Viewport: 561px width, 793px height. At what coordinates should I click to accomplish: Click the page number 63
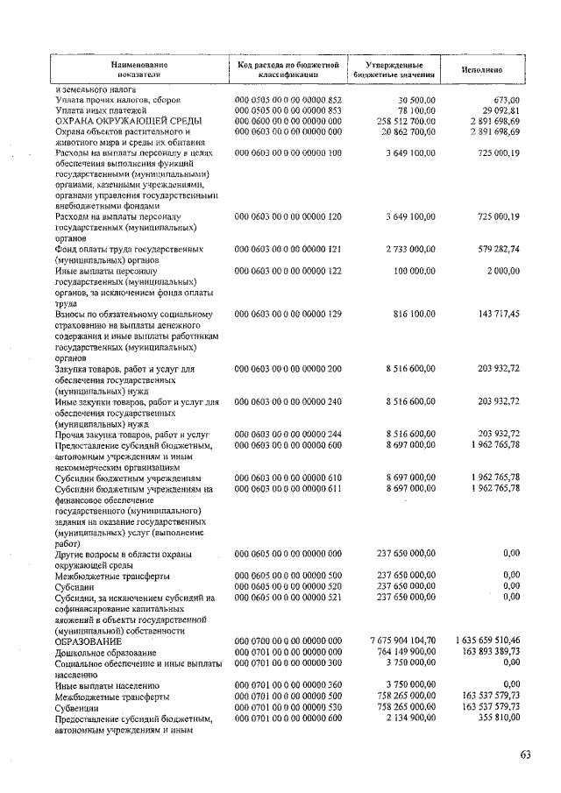coord(526,755)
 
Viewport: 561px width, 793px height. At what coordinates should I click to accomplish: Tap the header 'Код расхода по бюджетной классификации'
coord(288,69)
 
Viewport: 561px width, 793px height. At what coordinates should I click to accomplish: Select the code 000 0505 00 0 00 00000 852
coord(288,101)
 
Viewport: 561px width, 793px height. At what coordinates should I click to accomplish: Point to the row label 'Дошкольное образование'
coord(107,653)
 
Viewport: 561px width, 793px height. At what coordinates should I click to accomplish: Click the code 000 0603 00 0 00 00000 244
coord(288,434)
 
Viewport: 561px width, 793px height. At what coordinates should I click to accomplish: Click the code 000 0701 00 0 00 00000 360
coord(288,685)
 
